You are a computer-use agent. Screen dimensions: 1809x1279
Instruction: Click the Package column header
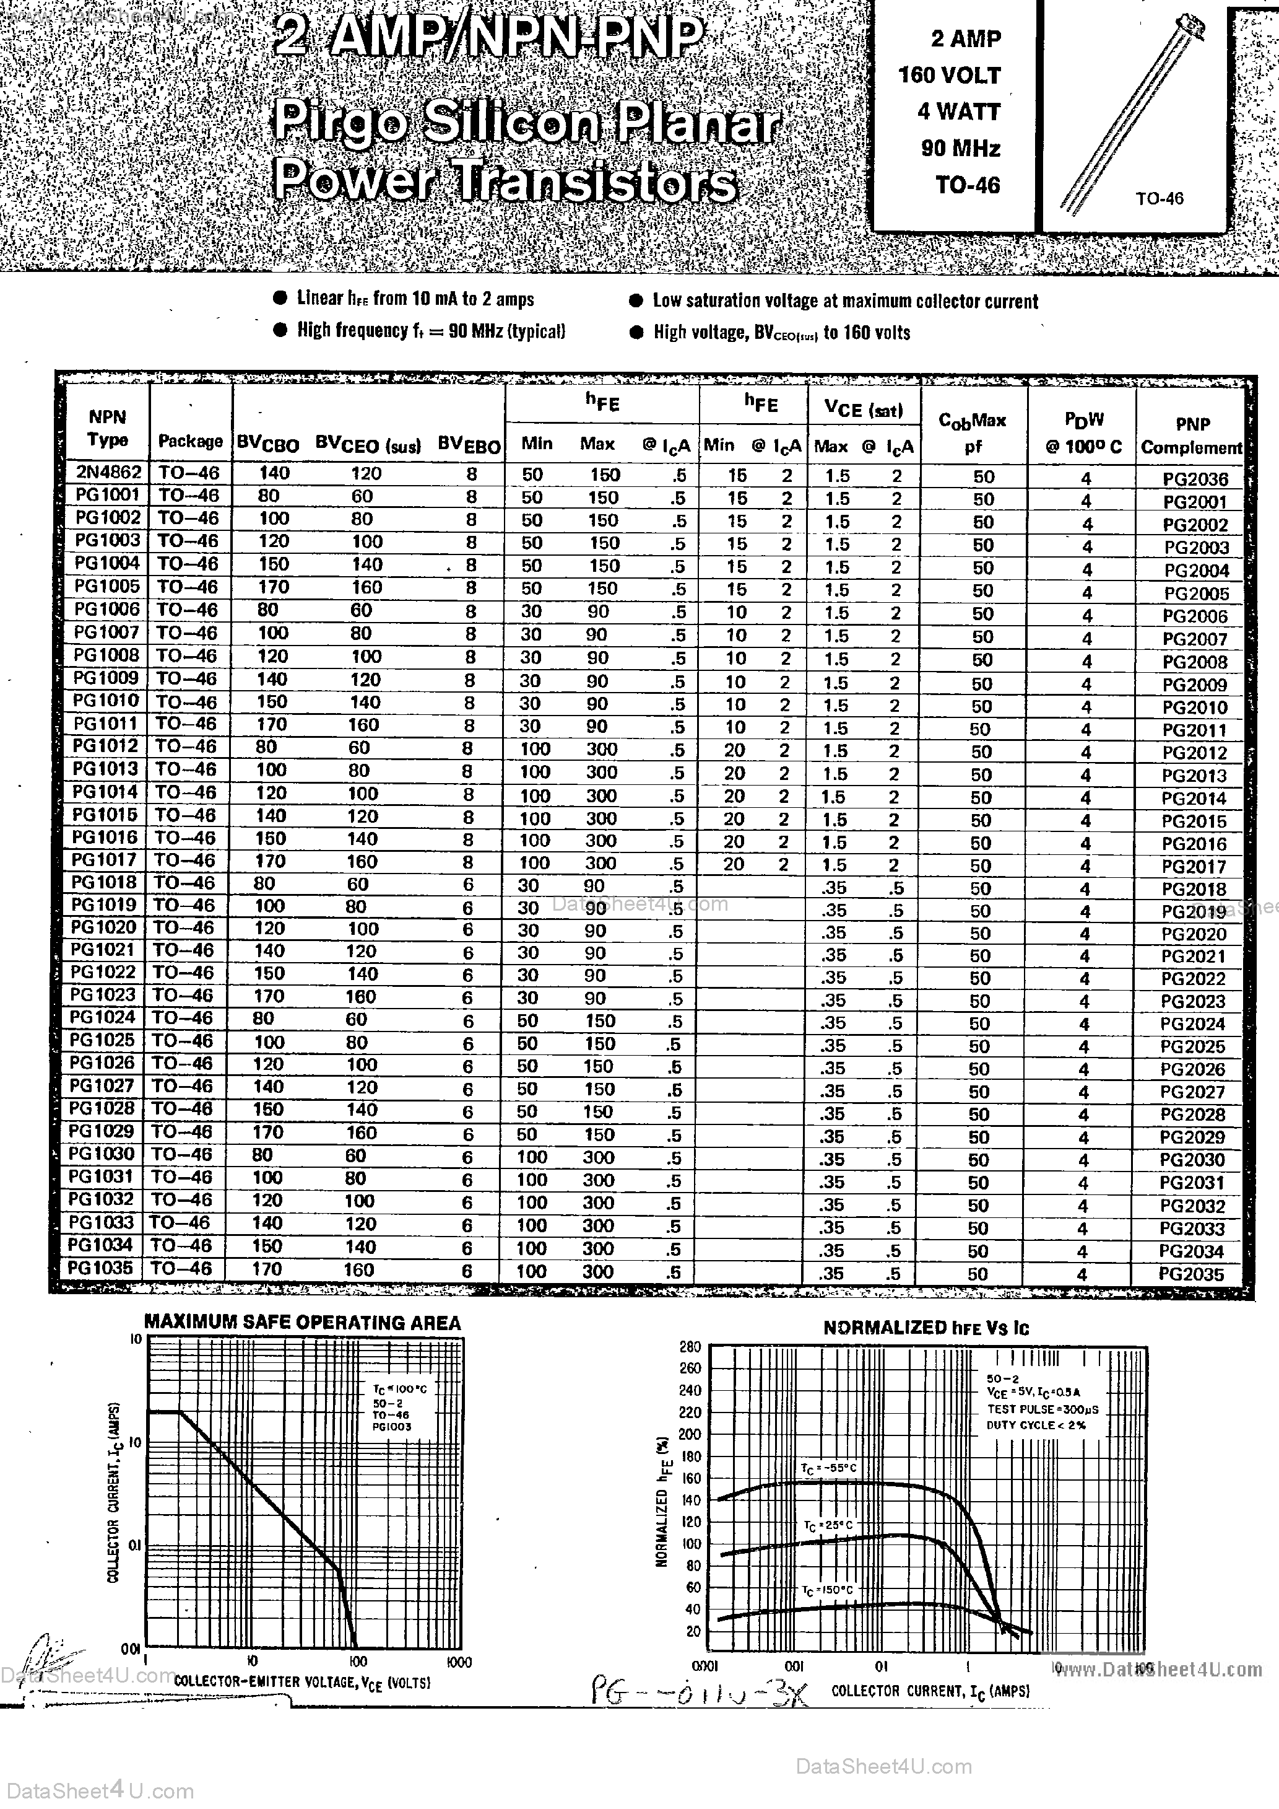(x=191, y=441)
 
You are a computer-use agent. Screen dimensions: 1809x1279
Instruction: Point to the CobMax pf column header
(x=973, y=432)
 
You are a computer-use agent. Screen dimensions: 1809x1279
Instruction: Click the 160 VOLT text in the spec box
(x=949, y=76)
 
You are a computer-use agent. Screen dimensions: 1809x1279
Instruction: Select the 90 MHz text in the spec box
(x=960, y=148)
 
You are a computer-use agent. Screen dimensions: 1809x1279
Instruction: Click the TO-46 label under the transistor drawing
(x=1160, y=198)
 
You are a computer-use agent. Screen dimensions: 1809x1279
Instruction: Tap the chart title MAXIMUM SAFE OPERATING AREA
(x=303, y=1323)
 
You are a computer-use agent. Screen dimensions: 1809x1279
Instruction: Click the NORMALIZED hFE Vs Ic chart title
(x=926, y=1328)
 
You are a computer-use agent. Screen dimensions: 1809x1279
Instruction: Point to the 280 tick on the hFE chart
(x=690, y=1346)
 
